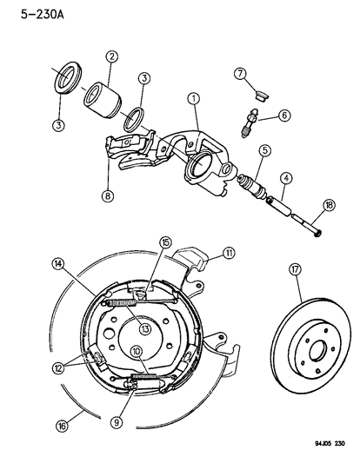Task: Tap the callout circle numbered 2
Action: point(111,57)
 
